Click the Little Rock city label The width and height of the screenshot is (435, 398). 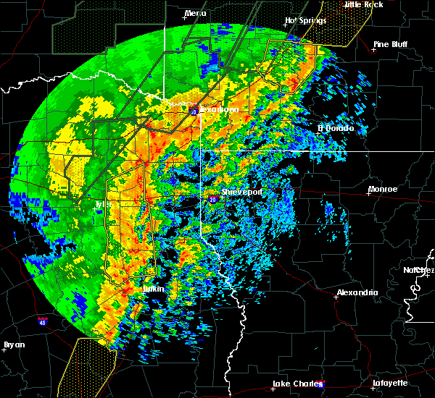363,4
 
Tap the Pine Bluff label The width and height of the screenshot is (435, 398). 390,44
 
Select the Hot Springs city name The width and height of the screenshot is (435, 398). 303,21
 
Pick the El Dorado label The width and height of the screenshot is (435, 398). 336,129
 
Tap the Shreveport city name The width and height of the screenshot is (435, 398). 241,192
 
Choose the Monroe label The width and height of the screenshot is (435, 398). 383,190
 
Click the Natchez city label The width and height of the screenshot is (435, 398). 419,270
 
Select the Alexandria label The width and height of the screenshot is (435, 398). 357,293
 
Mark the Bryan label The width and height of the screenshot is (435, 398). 14,344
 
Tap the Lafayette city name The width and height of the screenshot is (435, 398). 391,383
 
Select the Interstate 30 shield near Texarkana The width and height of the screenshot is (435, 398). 194,112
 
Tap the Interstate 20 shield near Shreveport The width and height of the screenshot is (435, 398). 212,198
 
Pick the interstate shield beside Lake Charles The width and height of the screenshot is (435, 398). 321,384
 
